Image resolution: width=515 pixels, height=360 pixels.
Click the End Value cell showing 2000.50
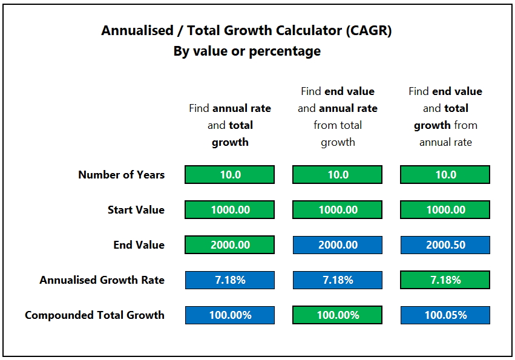[445, 245]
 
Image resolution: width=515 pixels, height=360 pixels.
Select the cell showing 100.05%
[445, 315]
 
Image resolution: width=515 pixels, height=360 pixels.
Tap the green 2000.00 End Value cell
[229, 245]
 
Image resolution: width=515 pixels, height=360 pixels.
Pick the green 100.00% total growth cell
[337, 315]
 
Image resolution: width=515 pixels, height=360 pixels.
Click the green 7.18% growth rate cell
[445, 280]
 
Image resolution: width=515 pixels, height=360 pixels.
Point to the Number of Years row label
[121, 175]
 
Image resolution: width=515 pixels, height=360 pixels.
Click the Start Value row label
[136, 210]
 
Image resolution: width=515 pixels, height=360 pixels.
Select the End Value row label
[139, 245]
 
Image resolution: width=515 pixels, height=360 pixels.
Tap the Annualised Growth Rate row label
[102, 280]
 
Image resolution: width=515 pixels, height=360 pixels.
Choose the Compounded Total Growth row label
[94, 315]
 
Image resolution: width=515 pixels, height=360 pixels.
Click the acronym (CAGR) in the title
[369, 31]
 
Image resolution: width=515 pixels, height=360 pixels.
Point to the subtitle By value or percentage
[247, 51]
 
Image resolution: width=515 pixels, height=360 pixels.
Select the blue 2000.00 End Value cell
[337, 245]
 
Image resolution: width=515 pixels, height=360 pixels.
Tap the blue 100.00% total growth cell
[229, 315]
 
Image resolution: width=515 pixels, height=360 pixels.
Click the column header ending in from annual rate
[445, 117]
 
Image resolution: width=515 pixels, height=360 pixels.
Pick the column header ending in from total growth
[338, 117]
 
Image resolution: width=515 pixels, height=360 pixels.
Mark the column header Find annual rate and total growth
[230, 125]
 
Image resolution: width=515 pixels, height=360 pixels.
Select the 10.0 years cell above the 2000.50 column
[445, 175]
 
